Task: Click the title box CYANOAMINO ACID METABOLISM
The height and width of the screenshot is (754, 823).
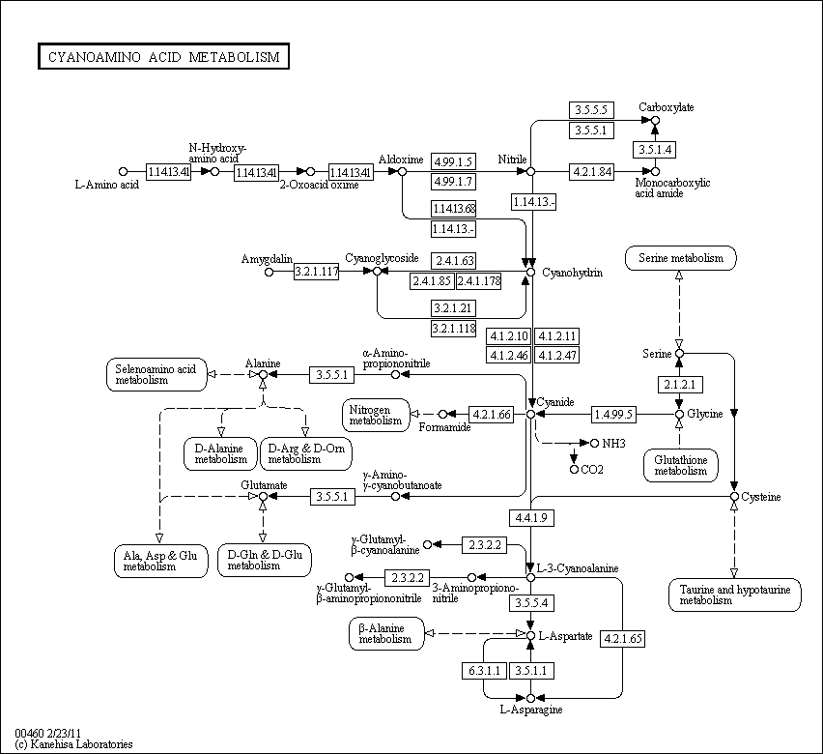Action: click(163, 56)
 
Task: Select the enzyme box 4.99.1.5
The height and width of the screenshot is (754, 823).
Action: click(453, 161)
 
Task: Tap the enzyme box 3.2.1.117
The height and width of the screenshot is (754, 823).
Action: click(316, 272)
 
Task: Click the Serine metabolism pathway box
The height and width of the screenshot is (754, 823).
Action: click(681, 258)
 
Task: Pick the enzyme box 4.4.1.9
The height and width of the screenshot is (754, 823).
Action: click(531, 518)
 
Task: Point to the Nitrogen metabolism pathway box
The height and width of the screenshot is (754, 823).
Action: click(376, 415)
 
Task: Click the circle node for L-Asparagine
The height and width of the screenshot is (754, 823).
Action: click(530, 698)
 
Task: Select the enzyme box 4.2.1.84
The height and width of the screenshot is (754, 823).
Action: click(592, 172)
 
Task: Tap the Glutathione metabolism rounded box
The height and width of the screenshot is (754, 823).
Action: click(681, 466)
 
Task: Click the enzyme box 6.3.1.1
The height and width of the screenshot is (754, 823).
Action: click(485, 671)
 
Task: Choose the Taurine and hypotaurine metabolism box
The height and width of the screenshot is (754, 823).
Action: click(735, 595)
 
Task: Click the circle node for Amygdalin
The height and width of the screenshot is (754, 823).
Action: click(269, 273)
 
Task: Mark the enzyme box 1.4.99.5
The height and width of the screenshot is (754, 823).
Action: click(613, 415)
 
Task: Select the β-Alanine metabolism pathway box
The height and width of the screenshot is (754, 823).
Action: click(386, 634)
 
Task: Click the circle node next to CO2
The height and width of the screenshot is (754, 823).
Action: click(574, 469)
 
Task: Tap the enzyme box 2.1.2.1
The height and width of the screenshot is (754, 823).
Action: click(680, 385)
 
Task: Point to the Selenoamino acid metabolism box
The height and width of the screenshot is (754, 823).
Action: click(156, 375)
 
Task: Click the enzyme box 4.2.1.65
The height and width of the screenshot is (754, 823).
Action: click(622, 639)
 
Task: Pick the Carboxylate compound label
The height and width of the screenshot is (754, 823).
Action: click(667, 107)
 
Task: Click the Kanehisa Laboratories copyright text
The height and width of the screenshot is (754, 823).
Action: click(74, 744)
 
